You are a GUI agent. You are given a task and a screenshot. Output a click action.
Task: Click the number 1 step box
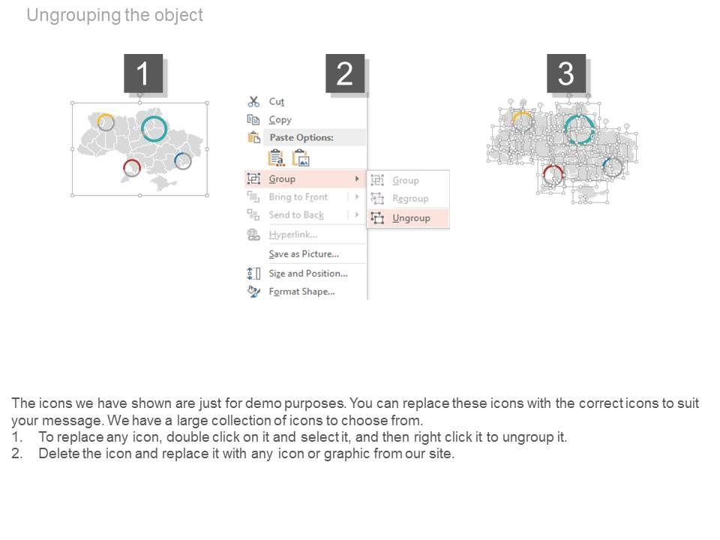click(143, 73)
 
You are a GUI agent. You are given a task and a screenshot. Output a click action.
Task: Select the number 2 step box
click(345, 73)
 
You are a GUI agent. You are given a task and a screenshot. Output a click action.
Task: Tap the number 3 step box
click(566, 73)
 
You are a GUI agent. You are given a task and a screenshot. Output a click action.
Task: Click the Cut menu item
click(277, 101)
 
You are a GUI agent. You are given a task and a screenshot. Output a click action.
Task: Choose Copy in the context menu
click(280, 120)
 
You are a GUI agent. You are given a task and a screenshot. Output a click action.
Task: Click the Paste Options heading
click(301, 137)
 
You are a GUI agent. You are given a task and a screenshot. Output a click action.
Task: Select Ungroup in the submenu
click(411, 218)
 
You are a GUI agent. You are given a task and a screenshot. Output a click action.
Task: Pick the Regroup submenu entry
click(410, 198)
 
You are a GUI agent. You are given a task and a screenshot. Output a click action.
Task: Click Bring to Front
click(298, 197)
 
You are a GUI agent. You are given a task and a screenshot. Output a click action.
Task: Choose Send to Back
click(296, 215)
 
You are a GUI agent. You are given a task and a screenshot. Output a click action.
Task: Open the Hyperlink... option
click(293, 235)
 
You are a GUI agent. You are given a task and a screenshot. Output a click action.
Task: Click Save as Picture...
click(304, 254)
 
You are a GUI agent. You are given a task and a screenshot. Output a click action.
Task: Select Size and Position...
click(308, 274)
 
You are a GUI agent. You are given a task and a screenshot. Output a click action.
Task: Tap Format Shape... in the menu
click(301, 292)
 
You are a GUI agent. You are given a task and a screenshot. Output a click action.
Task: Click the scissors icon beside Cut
click(253, 101)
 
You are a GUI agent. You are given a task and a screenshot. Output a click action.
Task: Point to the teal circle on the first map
click(142, 128)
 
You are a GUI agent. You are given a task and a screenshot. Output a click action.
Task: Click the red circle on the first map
click(125, 167)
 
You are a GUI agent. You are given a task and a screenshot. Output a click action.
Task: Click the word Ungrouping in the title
click(74, 15)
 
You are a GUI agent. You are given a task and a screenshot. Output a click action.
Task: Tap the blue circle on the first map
click(175, 160)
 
